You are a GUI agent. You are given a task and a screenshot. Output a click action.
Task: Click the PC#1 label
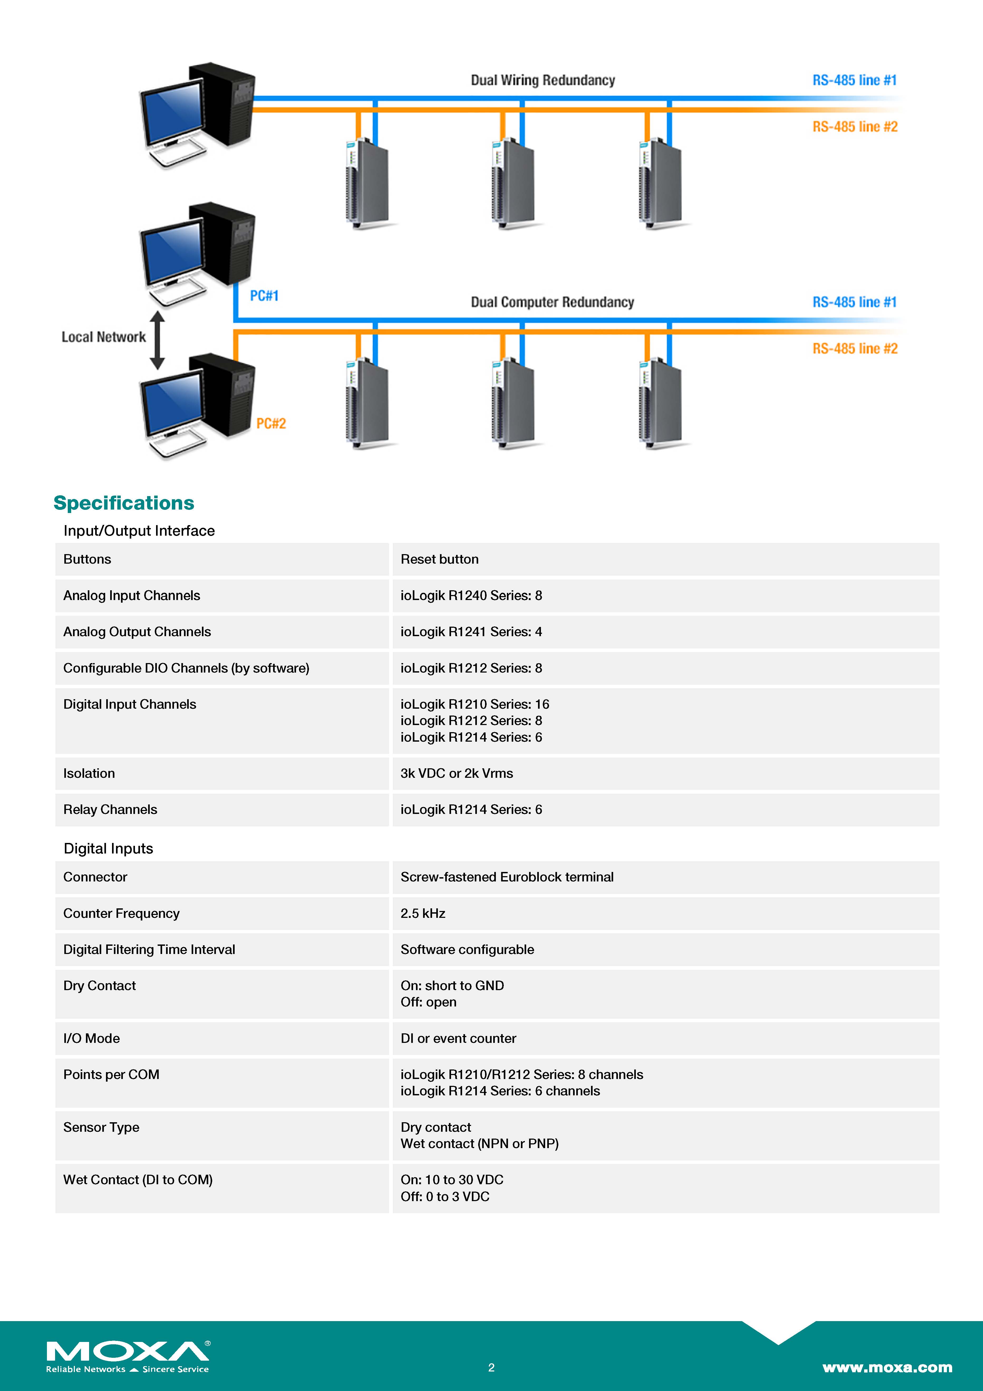[264, 296]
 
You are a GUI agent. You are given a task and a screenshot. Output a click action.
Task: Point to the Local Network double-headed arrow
[157, 340]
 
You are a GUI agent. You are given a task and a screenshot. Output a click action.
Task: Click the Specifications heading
[124, 503]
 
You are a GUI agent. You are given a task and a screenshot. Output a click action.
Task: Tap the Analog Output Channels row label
[137, 632]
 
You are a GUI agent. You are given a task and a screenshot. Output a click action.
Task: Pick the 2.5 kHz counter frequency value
[423, 914]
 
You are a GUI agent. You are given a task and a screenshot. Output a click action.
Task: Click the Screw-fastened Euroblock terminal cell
[507, 877]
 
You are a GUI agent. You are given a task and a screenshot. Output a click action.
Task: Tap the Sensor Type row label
[101, 1128]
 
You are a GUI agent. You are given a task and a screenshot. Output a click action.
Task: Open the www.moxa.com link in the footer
[887, 1367]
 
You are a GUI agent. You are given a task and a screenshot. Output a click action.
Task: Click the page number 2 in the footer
[491, 1367]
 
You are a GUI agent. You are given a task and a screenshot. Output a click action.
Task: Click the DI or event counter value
[458, 1038]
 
